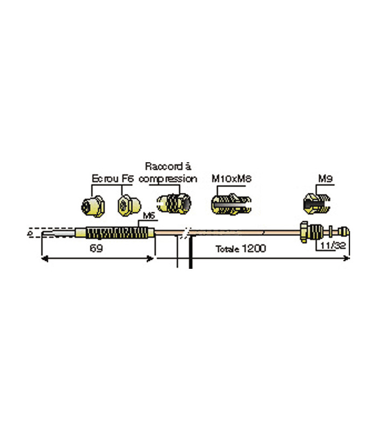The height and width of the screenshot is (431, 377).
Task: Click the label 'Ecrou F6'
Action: click(x=112, y=178)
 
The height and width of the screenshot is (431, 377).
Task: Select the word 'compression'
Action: click(x=168, y=178)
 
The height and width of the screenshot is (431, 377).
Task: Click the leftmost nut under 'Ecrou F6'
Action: click(x=91, y=205)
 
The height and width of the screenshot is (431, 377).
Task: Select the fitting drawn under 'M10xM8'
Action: click(x=229, y=204)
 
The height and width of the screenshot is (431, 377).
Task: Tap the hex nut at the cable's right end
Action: click(x=304, y=232)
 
